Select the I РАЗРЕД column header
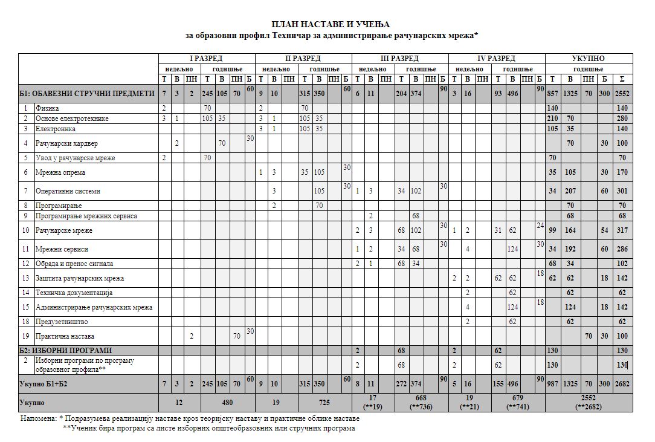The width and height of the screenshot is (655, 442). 207,59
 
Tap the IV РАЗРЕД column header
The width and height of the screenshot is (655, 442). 497,59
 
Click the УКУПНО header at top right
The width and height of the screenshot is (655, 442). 589,59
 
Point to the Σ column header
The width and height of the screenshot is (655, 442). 623,79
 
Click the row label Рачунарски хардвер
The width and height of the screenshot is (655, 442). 66,143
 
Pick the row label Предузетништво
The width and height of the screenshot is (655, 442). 62,322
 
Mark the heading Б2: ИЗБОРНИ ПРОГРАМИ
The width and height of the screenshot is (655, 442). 65,351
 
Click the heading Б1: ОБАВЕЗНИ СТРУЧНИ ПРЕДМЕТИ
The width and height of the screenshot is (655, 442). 87,93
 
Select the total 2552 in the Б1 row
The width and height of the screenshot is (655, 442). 623,94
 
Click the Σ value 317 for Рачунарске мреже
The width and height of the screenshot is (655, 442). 623,231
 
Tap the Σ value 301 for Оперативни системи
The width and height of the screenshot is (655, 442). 623,191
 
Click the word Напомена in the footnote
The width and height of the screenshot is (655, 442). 37,418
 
